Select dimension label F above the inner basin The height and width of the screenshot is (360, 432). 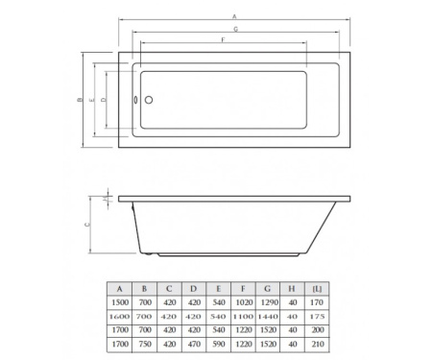[x=224, y=40]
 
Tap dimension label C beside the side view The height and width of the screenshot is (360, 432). [x=87, y=224]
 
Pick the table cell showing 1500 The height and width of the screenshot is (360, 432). [x=120, y=300]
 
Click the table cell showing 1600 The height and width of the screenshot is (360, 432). [x=120, y=314]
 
